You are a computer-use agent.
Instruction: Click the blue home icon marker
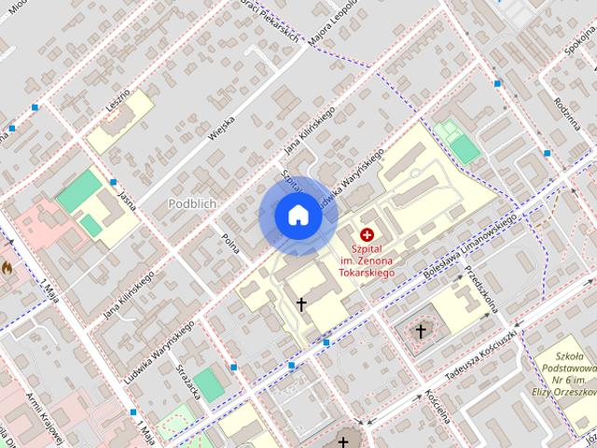pos(298,216)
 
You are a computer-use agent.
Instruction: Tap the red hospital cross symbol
pos(366,233)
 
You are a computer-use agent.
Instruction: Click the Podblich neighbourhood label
pos(193,203)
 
